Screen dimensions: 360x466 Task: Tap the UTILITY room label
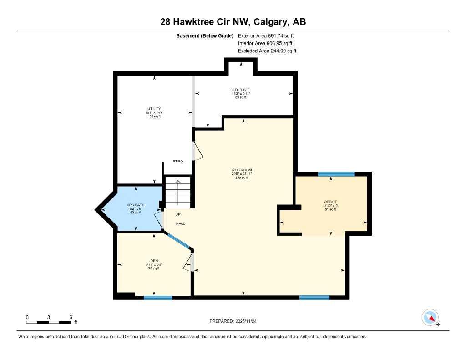click(x=154, y=109)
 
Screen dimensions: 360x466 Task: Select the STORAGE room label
click(x=241, y=90)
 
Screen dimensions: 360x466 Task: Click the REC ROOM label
click(x=241, y=170)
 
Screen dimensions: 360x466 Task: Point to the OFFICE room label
click(x=330, y=202)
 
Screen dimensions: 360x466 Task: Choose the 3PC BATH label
click(x=136, y=205)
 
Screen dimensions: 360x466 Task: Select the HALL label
click(x=180, y=223)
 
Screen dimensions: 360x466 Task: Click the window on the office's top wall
click(x=336, y=174)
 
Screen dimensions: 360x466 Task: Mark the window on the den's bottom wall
click(x=158, y=298)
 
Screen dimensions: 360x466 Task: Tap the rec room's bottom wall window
click(x=314, y=298)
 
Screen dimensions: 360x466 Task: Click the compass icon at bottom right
click(x=430, y=317)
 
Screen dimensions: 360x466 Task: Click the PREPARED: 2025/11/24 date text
click(x=236, y=321)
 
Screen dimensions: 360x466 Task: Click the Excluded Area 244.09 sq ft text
click(x=267, y=51)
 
